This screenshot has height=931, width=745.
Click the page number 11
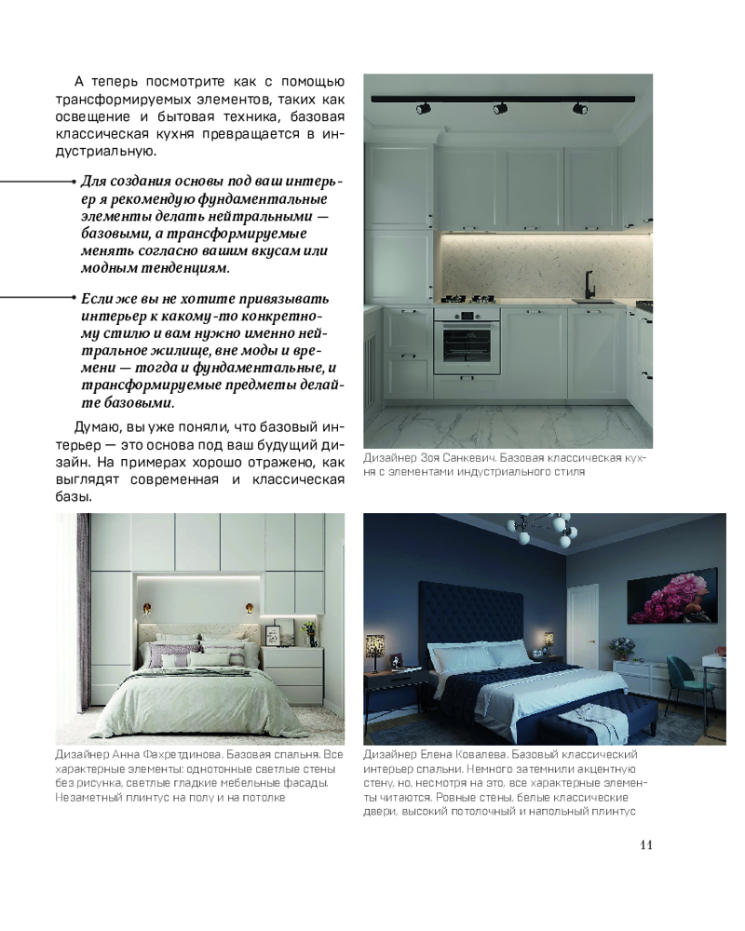point(646,845)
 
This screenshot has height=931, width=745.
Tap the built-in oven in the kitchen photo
point(467,338)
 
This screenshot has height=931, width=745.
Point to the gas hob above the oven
point(467,300)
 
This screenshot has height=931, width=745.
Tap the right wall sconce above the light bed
point(250,610)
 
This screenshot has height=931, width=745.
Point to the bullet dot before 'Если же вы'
point(73,296)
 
